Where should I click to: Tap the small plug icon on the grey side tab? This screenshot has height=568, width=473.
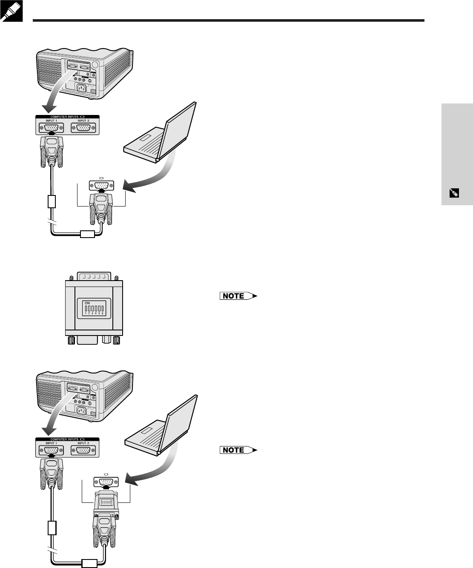[x=454, y=193]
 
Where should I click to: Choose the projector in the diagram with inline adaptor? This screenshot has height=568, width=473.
[x=85, y=396]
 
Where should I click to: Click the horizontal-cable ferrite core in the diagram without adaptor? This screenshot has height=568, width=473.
[x=87, y=233]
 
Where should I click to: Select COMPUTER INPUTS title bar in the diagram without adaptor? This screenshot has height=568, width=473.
[x=67, y=116]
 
